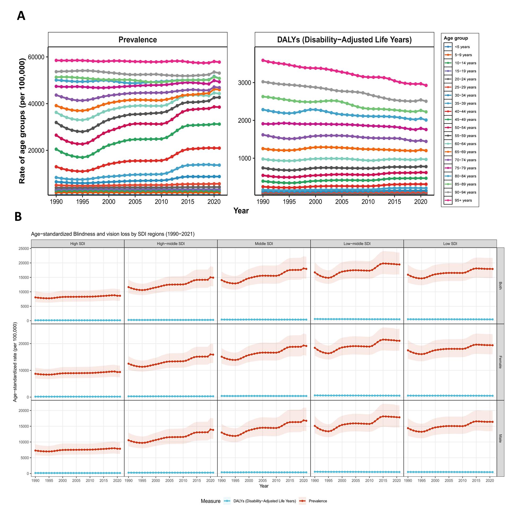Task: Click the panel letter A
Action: [x=21, y=16]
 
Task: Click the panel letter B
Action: [x=18, y=217]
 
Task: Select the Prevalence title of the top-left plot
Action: [x=138, y=40]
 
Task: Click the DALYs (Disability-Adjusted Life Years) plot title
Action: [x=344, y=40]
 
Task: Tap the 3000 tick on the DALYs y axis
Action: [x=244, y=82]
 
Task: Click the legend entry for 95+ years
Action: [x=463, y=200]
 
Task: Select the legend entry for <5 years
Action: [x=462, y=47]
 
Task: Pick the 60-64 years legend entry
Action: [x=465, y=144]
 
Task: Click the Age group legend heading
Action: [x=456, y=38]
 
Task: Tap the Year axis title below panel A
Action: [x=241, y=211]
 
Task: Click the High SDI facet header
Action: [x=77, y=244]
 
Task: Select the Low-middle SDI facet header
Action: [x=357, y=244]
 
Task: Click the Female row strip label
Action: [x=500, y=362]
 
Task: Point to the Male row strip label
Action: [x=500, y=439]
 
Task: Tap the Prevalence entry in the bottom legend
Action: [x=318, y=501]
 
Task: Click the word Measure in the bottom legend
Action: [x=210, y=501]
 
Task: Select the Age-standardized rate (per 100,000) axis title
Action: [x=15, y=362]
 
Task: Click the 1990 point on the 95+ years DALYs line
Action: [x=263, y=60]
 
